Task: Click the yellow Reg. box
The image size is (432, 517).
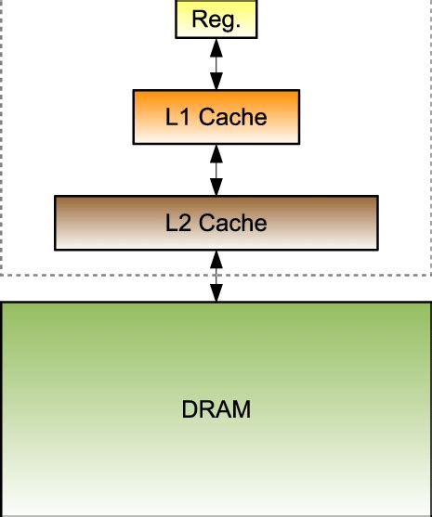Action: point(216,19)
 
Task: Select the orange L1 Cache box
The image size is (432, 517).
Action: point(216,117)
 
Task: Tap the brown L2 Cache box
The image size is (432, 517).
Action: point(216,223)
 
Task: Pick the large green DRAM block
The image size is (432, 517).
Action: point(216,408)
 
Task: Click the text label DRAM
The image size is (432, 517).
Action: point(216,409)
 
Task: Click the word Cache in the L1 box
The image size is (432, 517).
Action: point(231,118)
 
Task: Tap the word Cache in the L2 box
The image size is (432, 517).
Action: point(231,224)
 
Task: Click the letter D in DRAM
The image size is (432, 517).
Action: point(190,409)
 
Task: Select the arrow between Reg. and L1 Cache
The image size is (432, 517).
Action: point(216,64)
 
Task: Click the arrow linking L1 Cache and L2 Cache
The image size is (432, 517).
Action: point(216,170)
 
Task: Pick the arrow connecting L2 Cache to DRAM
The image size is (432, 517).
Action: point(216,276)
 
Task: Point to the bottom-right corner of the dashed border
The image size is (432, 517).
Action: point(430,275)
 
